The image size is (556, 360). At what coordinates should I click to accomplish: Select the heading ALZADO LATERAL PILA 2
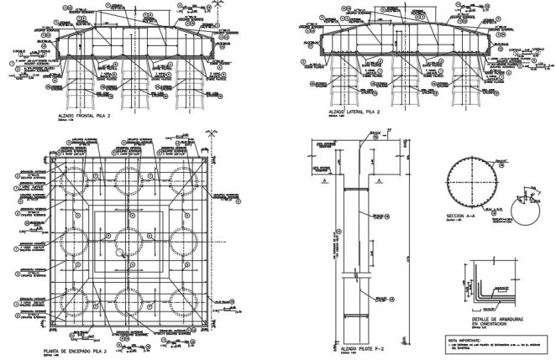pyautogui.click(x=349, y=111)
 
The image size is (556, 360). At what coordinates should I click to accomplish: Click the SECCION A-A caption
pyautogui.click(x=462, y=215)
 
